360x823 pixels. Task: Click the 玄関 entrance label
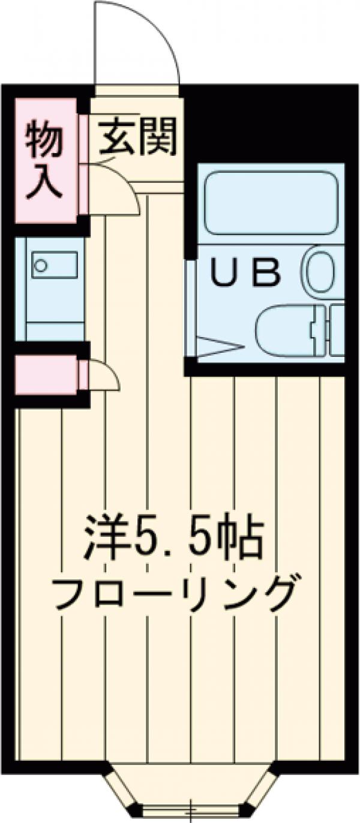(x=137, y=137)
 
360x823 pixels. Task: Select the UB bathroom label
(x=247, y=273)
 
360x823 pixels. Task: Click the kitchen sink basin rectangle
(x=55, y=265)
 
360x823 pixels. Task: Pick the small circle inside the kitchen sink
(x=41, y=265)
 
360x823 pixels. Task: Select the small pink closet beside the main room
(x=45, y=376)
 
